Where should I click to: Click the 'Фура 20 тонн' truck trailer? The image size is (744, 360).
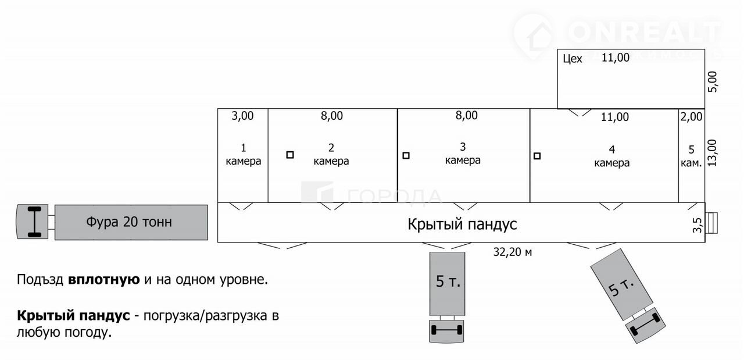point(131,222)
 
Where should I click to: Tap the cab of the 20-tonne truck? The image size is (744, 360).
point(32,222)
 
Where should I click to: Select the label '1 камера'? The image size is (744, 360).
point(243,155)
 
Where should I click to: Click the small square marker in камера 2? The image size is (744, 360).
point(290,155)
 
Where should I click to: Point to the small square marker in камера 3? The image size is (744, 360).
point(406,155)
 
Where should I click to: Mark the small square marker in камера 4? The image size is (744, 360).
point(537,155)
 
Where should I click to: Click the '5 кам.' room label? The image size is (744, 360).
point(691,156)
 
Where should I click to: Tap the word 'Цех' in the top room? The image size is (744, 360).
point(573,59)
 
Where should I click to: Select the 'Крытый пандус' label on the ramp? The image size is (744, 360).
point(462,224)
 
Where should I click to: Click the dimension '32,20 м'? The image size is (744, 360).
point(512,252)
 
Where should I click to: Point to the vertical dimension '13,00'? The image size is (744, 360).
point(713,152)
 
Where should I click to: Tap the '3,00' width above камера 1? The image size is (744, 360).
point(242,116)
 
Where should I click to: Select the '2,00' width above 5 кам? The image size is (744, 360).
point(691,116)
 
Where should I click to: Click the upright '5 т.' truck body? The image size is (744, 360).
point(447,283)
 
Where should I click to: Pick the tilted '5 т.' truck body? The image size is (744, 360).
point(621,285)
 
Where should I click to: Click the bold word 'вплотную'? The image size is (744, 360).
point(104,280)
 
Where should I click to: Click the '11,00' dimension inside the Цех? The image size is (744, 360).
point(615,58)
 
